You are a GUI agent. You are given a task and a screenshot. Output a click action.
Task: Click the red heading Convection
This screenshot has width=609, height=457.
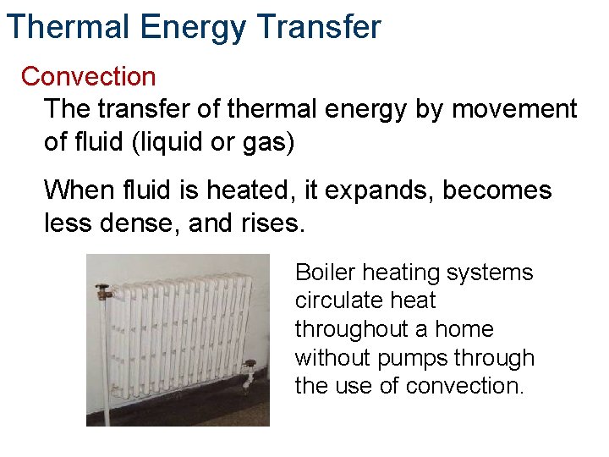coord(89,76)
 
